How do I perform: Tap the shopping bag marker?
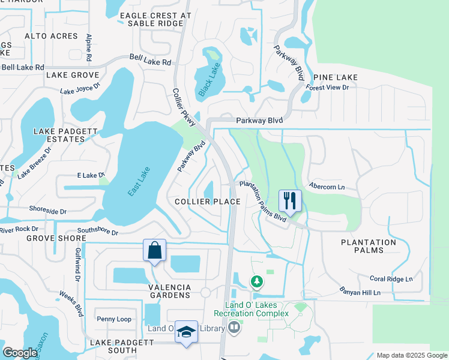click(x=154, y=251)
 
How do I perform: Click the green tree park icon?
click(x=256, y=281)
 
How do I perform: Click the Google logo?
click(x=20, y=353)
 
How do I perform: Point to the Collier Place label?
click(x=208, y=202)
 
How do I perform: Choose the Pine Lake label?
click(x=335, y=77)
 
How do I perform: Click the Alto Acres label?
click(x=52, y=37)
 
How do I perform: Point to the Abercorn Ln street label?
click(x=328, y=187)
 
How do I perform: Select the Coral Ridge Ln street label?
click(x=391, y=279)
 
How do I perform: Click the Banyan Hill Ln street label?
click(x=358, y=293)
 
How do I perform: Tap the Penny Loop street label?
click(x=114, y=319)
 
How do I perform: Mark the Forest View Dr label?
click(x=327, y=87)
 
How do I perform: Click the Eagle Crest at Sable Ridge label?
click(x=155, y=19)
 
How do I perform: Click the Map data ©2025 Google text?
click(x=411, y=355)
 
